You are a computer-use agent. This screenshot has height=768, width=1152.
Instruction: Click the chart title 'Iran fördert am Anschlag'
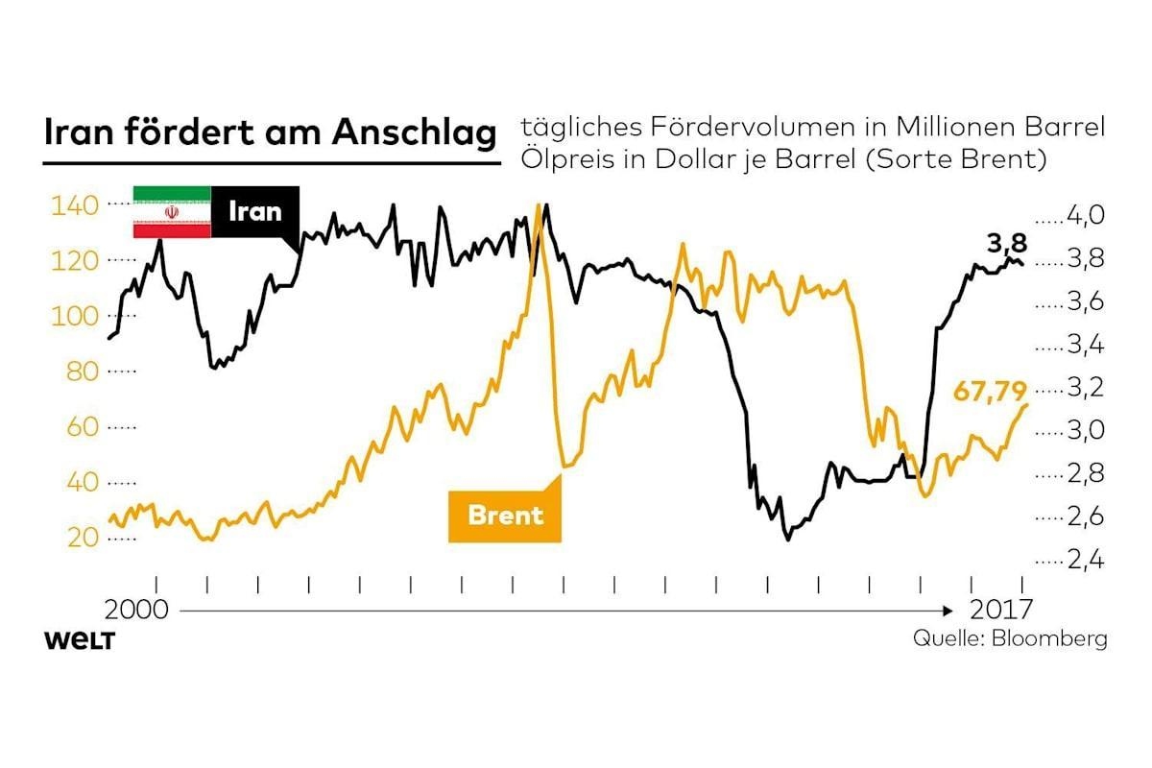pyautogui.click(x=271, y=132)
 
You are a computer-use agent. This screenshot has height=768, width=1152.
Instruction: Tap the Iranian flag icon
pyautogui.click(x=172, y=212)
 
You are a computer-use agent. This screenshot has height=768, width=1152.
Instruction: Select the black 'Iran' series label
pyautogui.click(x=255, y=211)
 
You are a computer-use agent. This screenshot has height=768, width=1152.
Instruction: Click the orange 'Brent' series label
pyautogui.click(x=505, y=515)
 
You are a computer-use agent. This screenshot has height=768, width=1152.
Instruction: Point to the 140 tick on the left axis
pyautogui.click(x=75, y=205)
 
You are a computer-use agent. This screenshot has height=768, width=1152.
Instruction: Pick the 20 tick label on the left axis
pyautogui.click(x=83, y=538)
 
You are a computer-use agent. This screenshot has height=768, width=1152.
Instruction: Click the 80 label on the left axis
pyautogui.click(x=83, y=372)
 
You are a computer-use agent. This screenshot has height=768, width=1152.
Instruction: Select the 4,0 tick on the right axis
pyautogui.click(x=1086, y=215)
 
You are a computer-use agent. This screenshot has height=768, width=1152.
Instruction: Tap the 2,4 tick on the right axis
pyautogui.click(x=1086, y=560)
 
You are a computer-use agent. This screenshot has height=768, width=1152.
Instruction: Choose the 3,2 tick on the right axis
pyautogui.click(x=1086, y=387)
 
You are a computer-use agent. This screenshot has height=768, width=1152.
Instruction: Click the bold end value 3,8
pyautogui.click(x=1006, y=243)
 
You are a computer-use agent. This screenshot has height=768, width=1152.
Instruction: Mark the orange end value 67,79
pyautogui.click(x=990, y=392)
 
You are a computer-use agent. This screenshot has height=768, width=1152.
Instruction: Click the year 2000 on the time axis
pyautogui.click(x=136, y=610)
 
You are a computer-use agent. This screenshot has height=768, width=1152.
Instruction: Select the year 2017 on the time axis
pyautogui.click(x=1001, y=610)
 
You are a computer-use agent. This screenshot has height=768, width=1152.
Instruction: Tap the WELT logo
pyautogui.click(x=80, y=641)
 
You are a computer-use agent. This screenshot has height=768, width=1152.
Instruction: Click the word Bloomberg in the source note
pyautogui.click(x=1049, y=639)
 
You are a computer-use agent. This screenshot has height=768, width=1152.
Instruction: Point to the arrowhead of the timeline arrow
pyautogui.click(x=948, y=612)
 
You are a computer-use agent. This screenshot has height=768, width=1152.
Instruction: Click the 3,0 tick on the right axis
pyautogui.click(x=1086, y=430)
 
